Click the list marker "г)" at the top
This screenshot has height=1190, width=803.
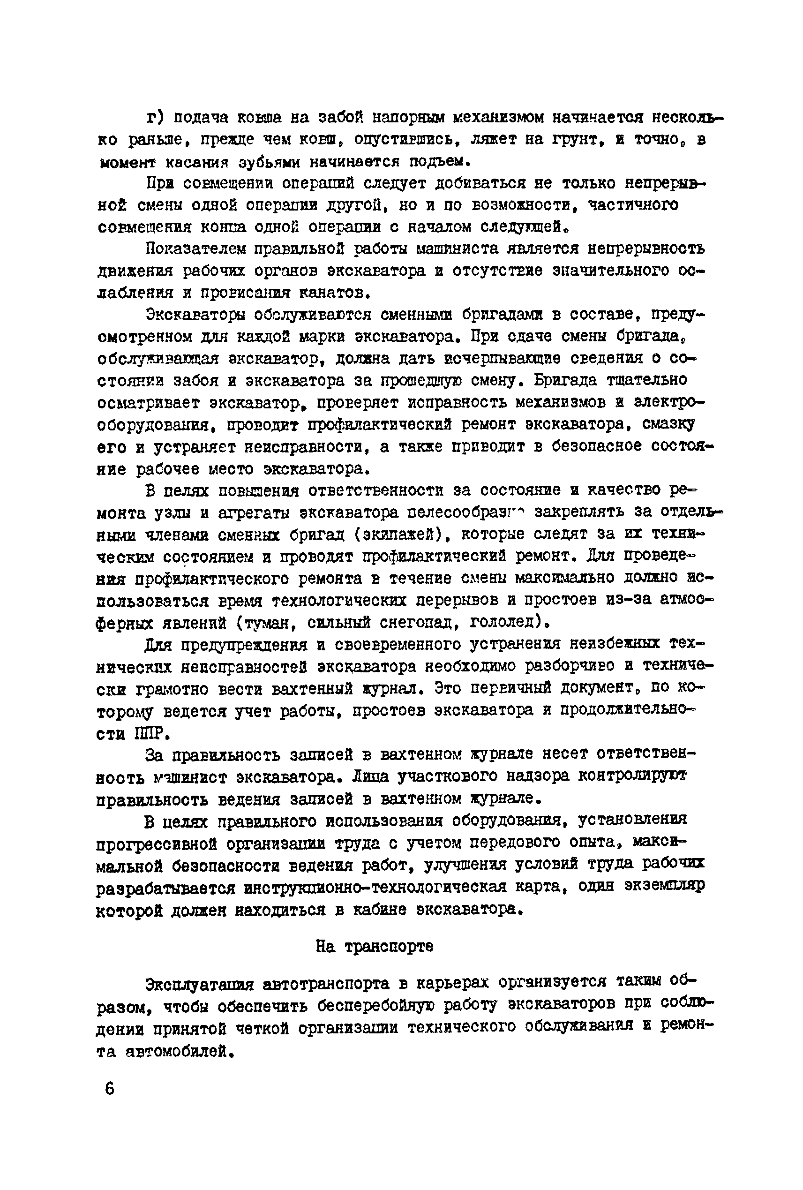tap(155, 118)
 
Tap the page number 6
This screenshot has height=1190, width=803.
tap(110, 1088)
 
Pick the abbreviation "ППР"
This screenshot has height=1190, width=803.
tap(150, 734)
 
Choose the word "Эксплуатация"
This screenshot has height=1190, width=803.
tap(200, 984)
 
